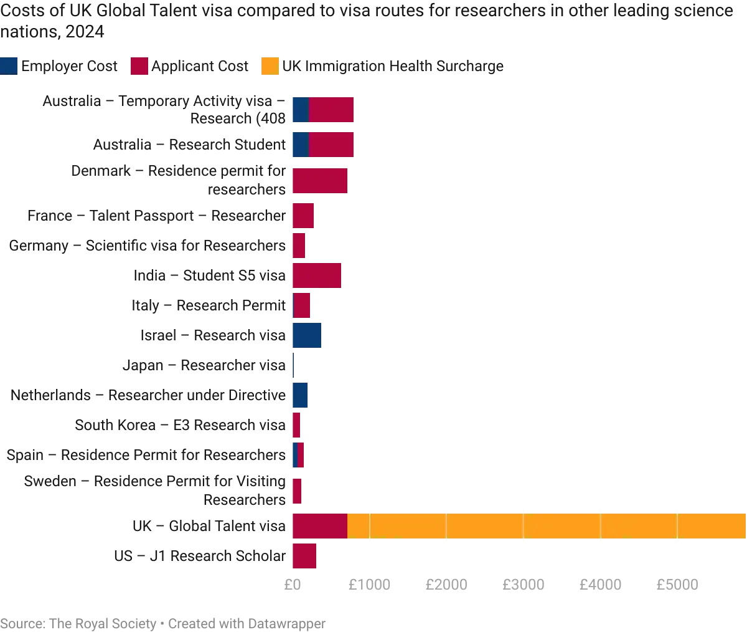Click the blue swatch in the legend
pyautogui.click(x=10, y=66)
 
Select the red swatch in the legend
pyautogui.click(x=139, y=66)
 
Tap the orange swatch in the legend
pyautogui.click(x=270, y=66)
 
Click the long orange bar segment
pyautogui.click(x=547, y=526)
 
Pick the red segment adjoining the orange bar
pyautogui.click(x=320, y=526)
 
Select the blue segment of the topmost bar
pyautogui.click(x=301, y=110)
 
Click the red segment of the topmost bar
pyautogui.click(x=331, y=110)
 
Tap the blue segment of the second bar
pyautogui.click(x=301, y=145)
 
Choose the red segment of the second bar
pyautogui.click(x=331, y=145)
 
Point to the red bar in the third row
pyautogui.click(x=320, y=181)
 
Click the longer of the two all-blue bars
pyautogui.click(x=308, y=336)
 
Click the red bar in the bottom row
pyautogui.click(x=305, y=556)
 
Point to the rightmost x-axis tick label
pyautogui.click(x=677, y=586)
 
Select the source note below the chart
pyautogui.click(x=162, y=621)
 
